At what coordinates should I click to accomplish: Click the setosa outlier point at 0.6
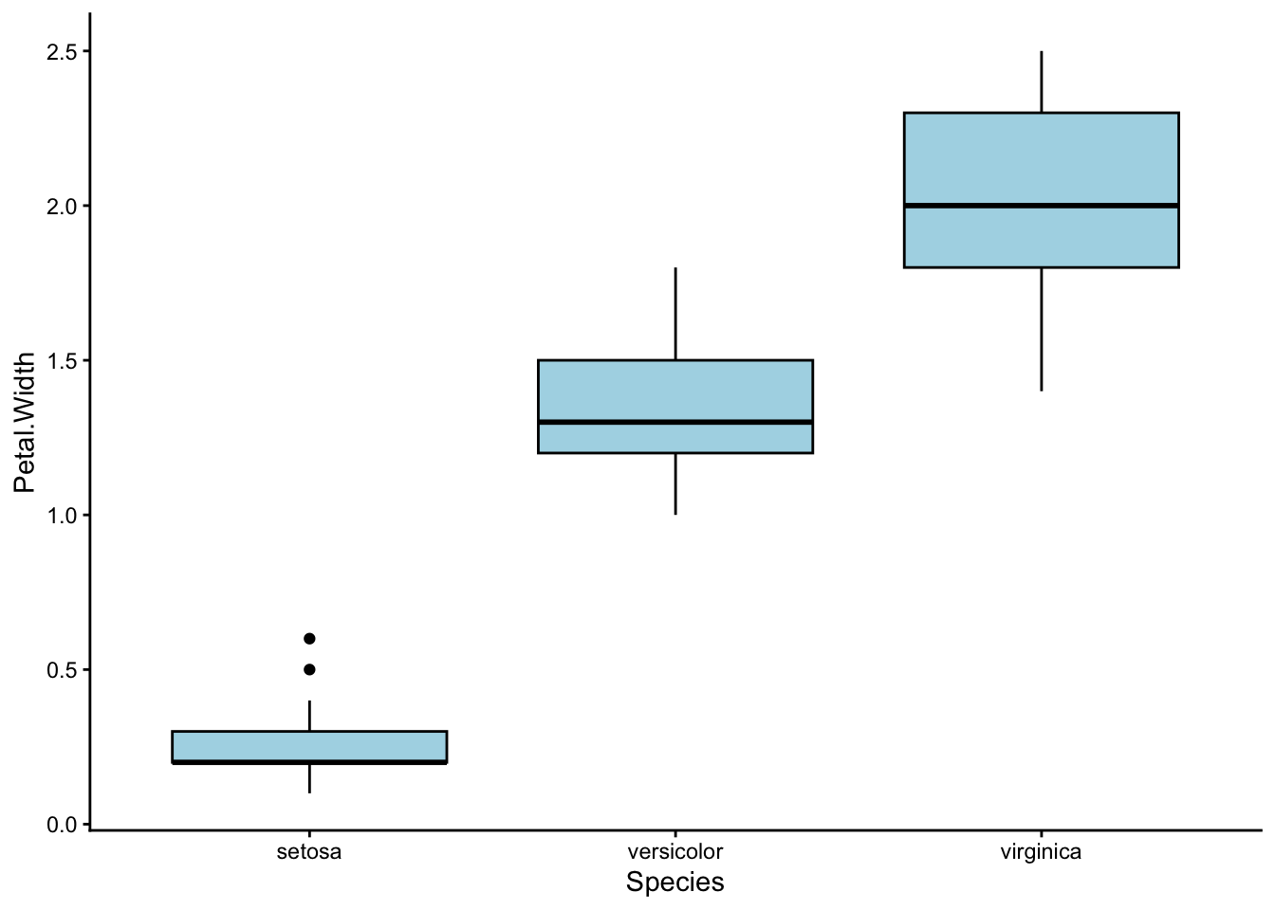tap(309, 639)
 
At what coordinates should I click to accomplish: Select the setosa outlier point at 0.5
tap(309, 669)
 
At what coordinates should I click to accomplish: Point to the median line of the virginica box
tap(1041, 206)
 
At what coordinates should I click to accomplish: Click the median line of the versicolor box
tap(674, 422)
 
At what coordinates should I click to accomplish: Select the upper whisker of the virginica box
tap(1042, 82)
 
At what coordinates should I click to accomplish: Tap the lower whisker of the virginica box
tap(1042, 329)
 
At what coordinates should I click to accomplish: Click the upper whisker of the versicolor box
tap(675, 314)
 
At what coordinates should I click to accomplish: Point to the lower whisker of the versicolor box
tap(675, 483)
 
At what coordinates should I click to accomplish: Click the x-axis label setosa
tap(309, 851)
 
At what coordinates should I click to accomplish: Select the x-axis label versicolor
tap(674, 851)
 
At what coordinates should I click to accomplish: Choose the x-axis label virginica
tap(1041, 851)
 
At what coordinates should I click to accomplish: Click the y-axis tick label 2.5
tap(63, 51)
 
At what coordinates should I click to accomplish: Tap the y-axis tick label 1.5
tap(63, 360)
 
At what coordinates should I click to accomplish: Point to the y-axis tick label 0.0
tap(63, 825)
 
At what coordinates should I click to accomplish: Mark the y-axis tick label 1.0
tap(63, 515)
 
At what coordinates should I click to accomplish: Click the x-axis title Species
tap(674, 883)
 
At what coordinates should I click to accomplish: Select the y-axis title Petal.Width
tap(25, 422)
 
